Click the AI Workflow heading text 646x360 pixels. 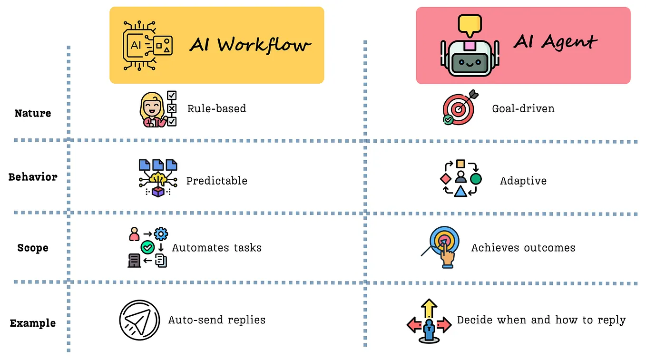coord(250,45)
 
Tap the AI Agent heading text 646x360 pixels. coord(556,42)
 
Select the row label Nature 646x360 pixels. coord(33,113)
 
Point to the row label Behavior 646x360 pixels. coord(33,177)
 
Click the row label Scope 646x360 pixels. coord(33,248)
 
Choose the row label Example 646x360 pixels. coord(33,323)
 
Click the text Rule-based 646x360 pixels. coord(216,108)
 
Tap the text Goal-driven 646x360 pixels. coord(523,108)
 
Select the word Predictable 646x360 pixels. coord(216,181)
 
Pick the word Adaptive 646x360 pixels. coord(523,181)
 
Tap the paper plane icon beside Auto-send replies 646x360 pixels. coord(139,320)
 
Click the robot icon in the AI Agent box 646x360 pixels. coord(470,58)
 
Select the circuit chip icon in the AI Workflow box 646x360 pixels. coord(147,46)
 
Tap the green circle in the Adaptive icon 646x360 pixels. coord(476,179)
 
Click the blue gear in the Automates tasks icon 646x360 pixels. coord(161,234)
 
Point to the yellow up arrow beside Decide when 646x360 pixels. coord(429,309)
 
